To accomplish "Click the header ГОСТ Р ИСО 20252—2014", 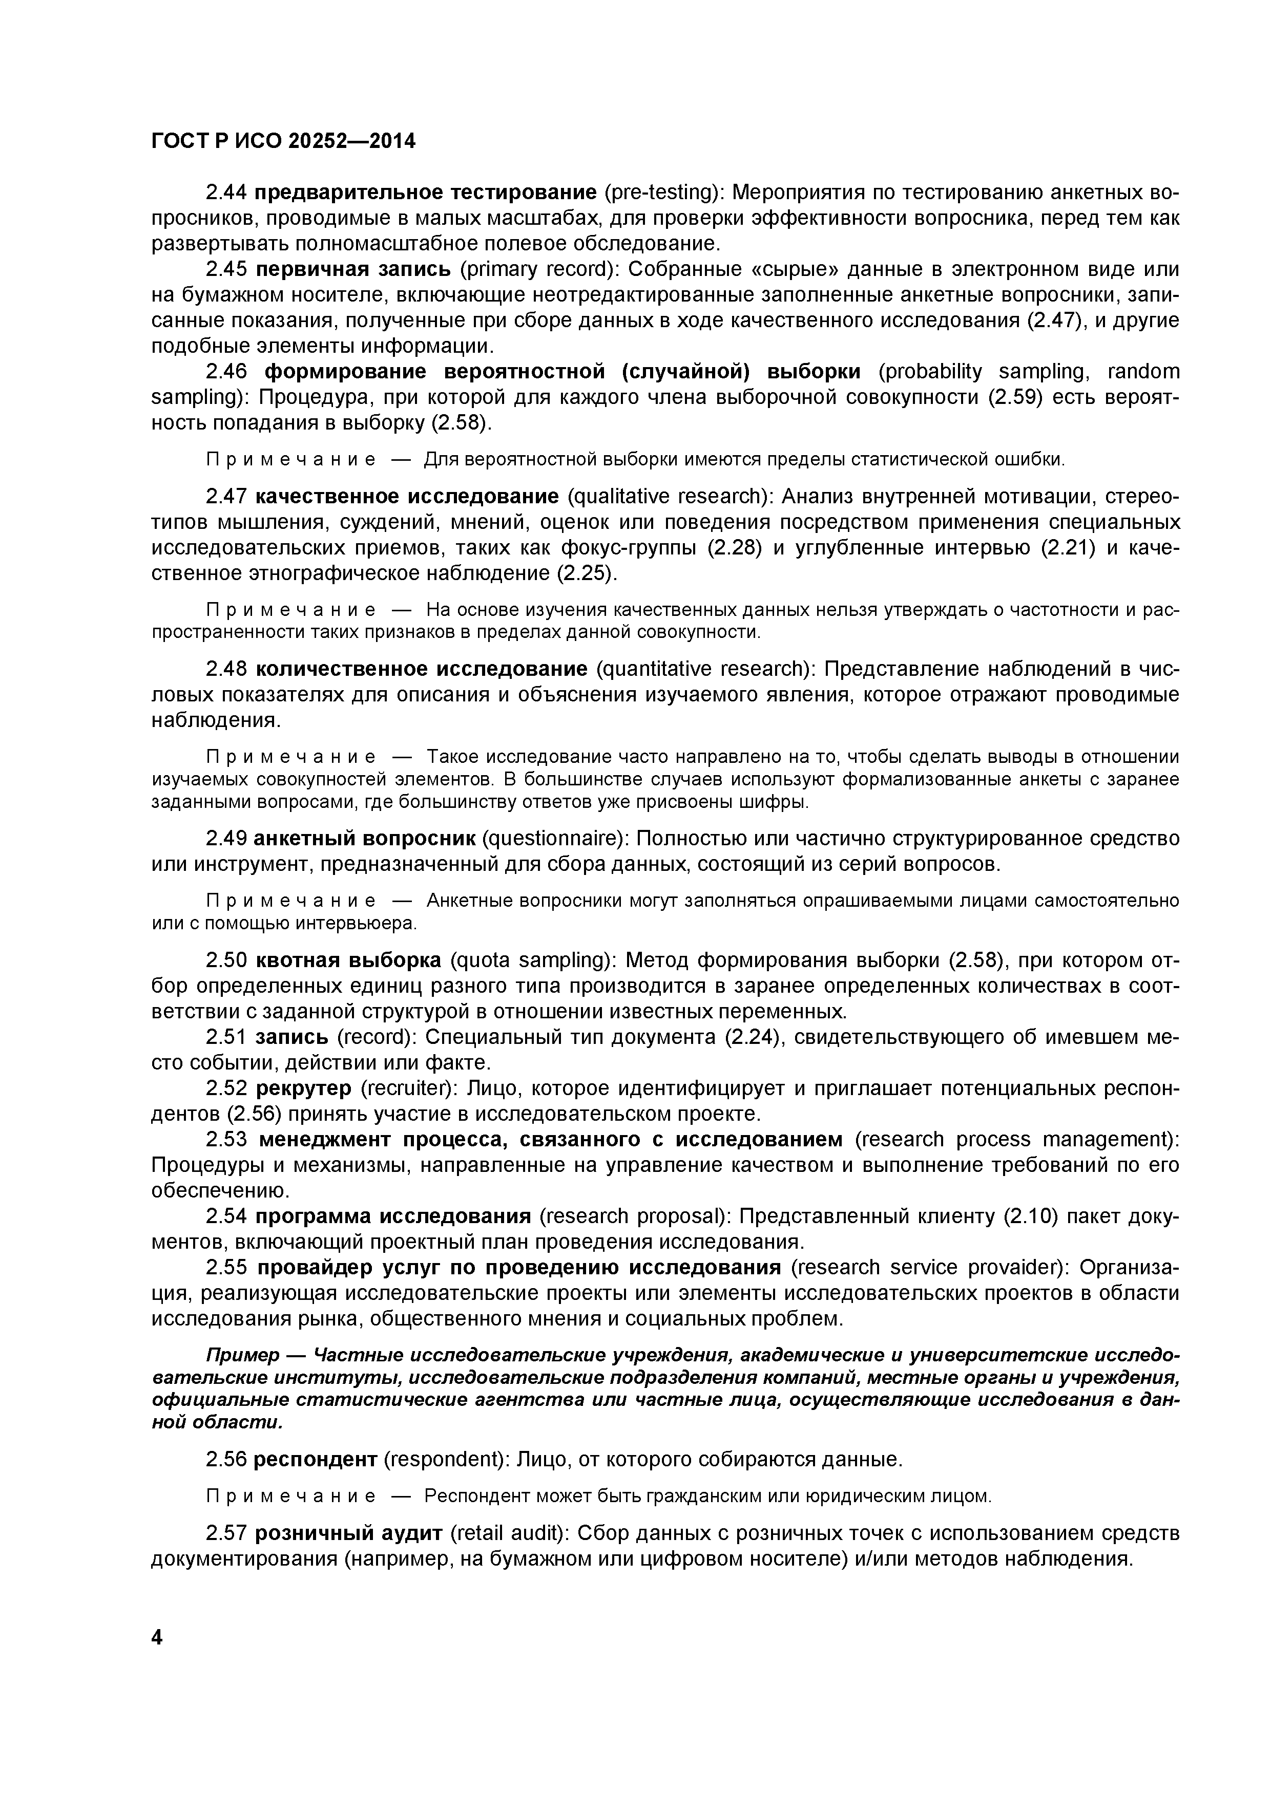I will tap(283, 141).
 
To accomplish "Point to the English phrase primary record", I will tap(538, 269).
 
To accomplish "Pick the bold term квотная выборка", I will tap(348, 960).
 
